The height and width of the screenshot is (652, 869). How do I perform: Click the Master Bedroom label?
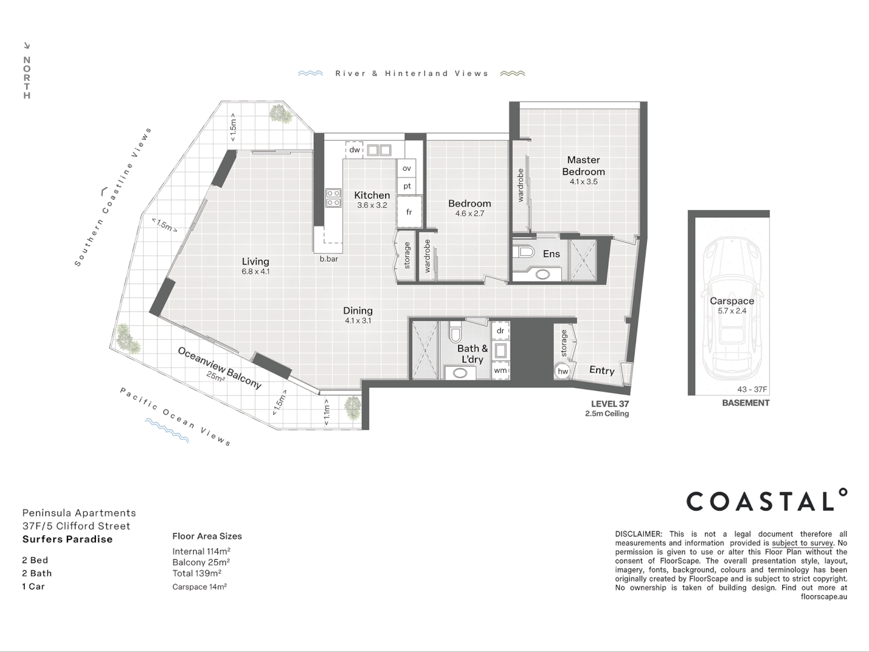point(583,166)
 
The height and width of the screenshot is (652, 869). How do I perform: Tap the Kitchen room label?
point(372,195)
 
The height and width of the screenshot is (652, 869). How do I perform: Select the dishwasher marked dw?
point(354,150)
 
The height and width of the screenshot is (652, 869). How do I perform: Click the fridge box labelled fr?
point(409,212)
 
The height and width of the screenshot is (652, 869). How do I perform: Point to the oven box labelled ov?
point(407,168)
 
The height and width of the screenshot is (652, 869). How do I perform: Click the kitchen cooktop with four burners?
point(334,198)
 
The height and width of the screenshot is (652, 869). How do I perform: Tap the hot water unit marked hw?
point(562,371)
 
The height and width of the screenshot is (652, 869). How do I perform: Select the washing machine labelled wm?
point(500,370)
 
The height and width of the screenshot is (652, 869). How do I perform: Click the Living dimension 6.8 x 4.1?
point(255,272)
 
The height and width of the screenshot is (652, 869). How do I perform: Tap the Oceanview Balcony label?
point(220,367)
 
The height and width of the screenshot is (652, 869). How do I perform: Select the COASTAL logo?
point(766,501)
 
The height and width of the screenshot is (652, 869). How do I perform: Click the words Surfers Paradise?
point(68,539)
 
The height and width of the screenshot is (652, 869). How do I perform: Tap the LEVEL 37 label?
point(610,404)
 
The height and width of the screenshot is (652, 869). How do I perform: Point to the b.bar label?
point(329,259)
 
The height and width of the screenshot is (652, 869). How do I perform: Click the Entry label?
point(602,371)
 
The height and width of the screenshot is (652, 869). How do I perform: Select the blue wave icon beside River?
point(311,73)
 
